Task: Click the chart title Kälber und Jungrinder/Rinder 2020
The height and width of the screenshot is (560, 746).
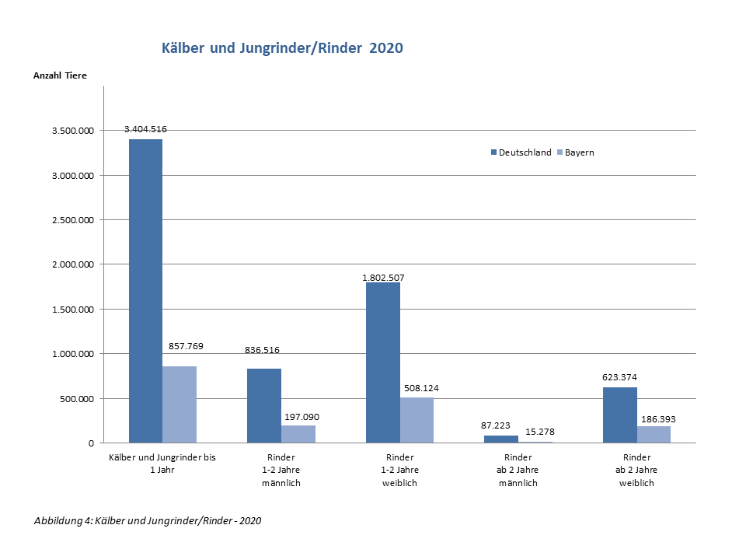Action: point(282,48)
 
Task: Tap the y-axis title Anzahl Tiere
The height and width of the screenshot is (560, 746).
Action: point(60,75)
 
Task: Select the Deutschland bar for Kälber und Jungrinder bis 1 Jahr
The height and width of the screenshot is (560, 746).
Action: point(145,291)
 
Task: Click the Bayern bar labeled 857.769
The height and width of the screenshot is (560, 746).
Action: point(180,404)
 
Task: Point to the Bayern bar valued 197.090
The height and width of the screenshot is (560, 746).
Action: point(298,434)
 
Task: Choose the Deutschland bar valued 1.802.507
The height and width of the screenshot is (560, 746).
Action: point(383,362)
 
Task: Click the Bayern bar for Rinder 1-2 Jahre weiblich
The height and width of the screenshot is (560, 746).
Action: point(417,420)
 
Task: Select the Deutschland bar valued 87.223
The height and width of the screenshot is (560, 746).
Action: point(501,439)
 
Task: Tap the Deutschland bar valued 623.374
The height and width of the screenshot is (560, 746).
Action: point(620,415)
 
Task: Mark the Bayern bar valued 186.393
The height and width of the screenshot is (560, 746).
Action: point(654,435)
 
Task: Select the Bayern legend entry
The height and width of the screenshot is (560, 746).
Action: point(575,152)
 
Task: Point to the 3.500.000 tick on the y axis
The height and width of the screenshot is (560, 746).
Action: point(73,131)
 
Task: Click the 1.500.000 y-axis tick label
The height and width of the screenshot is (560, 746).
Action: point(73,310)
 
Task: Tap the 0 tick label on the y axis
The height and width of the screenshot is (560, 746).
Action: point(91,443)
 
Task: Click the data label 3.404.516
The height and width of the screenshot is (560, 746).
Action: point(146,129)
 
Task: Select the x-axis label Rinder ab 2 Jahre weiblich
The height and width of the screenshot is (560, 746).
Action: point(636,470)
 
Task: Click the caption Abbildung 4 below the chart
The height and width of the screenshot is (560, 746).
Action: point(148,520)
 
